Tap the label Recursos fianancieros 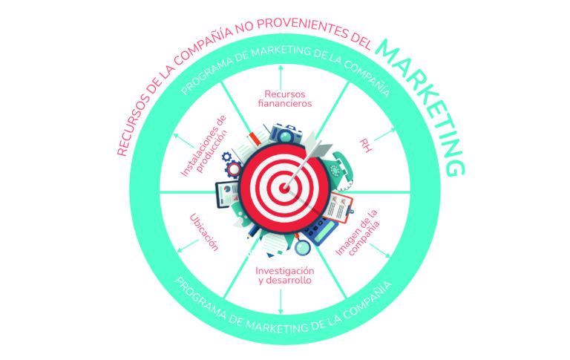point(285,99)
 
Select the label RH point(365,145)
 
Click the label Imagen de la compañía point(358,233)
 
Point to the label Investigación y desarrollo point(285,275)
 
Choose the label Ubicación point(204,232)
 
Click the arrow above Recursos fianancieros point(281,77)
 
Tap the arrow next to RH point(385,134)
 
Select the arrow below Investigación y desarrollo point(281,301)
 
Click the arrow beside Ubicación point(188,246)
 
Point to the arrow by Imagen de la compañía point(380,251)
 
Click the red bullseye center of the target point(285,188)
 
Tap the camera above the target point(286,134)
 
